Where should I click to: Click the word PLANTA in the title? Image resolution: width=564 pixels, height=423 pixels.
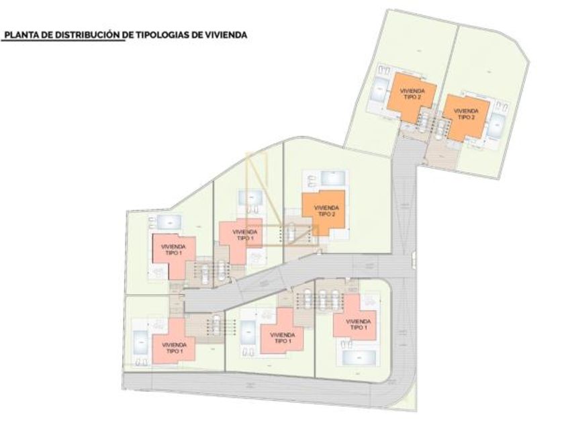click(17, 34)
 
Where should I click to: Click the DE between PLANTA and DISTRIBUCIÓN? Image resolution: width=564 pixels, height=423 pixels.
click(42, 34)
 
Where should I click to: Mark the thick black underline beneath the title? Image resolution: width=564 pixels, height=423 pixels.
click(64, 40)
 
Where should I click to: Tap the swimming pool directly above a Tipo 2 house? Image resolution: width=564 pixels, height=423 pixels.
click(334, 178)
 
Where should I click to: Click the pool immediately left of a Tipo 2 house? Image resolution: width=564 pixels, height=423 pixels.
click(380, 90)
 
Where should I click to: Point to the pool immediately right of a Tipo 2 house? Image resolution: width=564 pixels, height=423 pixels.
click(498, 126)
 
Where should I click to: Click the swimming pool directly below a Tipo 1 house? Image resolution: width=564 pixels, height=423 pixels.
click(359, 357)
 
